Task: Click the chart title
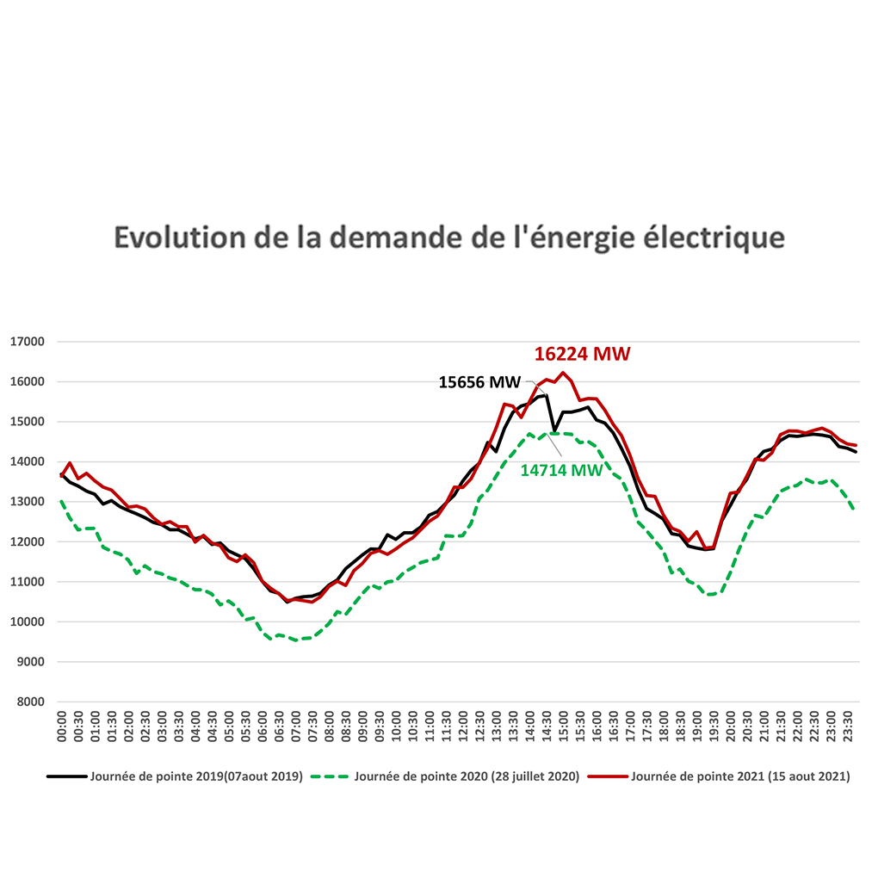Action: pos(449,238)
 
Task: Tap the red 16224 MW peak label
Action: pos(583,354)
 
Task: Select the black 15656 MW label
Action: pos(479,382)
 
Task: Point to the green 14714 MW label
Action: pos(561,470)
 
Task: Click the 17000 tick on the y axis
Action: pos(28,342)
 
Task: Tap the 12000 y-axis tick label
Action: pos(28,542)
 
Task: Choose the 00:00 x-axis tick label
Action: pos(62,727)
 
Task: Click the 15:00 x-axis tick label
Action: pos(563,727)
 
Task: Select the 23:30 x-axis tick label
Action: pos(848,727)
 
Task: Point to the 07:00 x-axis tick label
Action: pos(295,727)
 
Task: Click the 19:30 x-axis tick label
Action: pos(714,727)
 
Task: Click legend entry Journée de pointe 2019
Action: pos(175,776)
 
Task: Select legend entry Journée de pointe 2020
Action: pos(445,776)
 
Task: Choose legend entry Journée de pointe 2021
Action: pos(720,776)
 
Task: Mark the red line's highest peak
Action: pos(563,373)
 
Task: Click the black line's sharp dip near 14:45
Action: pos(554,430)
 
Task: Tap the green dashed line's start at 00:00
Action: pos(62,501)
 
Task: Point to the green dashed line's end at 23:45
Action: pos(853,509)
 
